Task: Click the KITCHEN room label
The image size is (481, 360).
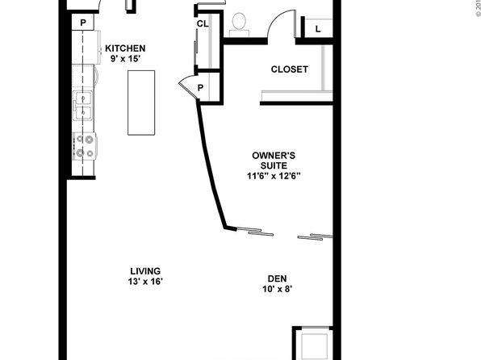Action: [125, 48]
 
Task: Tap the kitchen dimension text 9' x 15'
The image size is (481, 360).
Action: [125, 59]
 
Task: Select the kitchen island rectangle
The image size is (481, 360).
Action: [141, 103]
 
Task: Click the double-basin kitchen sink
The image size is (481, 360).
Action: [83, 106]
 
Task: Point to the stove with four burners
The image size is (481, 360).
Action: [85, 146]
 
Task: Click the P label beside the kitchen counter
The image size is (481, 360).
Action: [83, 23]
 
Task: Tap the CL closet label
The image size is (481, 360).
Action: [203, 23]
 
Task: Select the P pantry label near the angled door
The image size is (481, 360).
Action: [200, 88]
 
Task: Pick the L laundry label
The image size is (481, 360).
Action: [318, 29]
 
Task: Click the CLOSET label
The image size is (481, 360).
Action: [289, 69]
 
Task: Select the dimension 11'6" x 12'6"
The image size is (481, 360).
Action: [274, 176]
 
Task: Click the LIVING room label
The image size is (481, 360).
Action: [145, 271]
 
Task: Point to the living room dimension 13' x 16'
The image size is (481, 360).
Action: [145, 282]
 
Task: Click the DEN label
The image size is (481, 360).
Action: [278, 278]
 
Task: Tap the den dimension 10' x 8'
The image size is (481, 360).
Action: [278, 289]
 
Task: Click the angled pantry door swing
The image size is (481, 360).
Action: [186, 87]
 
